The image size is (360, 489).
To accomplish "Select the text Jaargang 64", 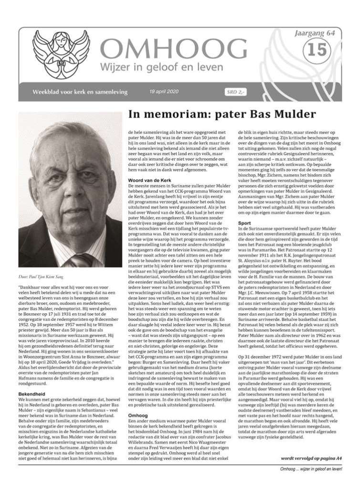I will [x=322, y=32].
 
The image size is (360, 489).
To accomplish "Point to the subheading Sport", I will [x=244, y=223].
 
